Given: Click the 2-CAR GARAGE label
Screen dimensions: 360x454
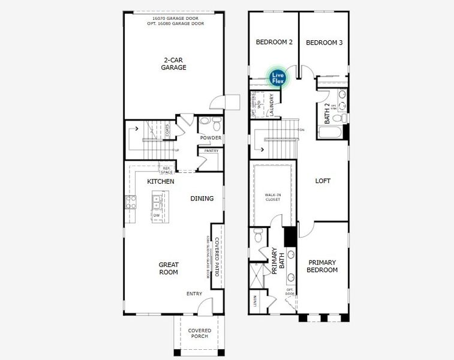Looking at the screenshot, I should click(174, 64).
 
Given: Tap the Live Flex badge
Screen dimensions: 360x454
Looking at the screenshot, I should click(278, 78).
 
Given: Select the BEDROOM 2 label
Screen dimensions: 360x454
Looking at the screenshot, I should click(274, 43).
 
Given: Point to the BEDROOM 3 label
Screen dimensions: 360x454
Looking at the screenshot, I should click(324, 43).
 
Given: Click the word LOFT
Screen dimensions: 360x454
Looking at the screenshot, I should click(323, 181).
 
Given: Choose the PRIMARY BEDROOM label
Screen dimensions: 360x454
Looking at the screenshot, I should click(323, 266).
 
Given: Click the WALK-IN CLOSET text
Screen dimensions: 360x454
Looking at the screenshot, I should click(273, 197).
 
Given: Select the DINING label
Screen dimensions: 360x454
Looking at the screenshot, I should click(202, 199).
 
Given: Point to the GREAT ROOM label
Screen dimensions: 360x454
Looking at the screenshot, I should click(169, 268).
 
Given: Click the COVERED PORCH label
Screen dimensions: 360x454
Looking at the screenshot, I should click(199, 333).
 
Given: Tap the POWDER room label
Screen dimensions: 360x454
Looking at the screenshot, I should click(211, 138).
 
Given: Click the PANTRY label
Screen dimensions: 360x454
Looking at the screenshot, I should click(211, 151).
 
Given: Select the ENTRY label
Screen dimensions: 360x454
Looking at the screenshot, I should click(194, 293).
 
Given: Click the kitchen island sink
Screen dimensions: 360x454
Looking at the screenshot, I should click(157, 199).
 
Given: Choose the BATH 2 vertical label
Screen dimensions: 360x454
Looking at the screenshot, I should click(327, 113).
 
